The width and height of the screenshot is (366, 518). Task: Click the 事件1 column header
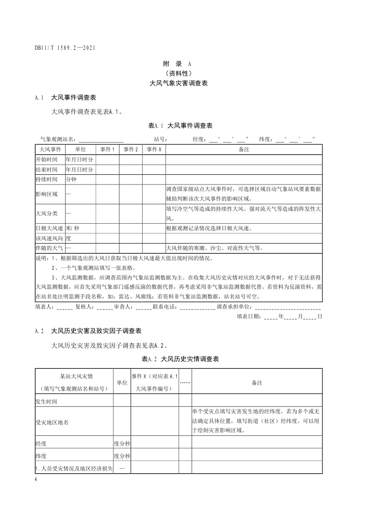tap(108, 149)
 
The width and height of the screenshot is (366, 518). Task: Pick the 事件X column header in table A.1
tap(154, 149)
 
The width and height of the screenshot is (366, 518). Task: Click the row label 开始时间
tap(47, 159)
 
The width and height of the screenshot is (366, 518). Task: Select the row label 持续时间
tap(47, 179)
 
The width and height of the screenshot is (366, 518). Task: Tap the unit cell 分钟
tap(71, 179)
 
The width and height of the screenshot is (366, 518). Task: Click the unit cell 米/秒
tap(72, 228)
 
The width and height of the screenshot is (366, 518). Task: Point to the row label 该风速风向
tap(48, 238)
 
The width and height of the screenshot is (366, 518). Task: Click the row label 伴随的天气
tap(48, 248)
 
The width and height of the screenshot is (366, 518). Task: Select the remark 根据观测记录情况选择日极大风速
tap(215, 228)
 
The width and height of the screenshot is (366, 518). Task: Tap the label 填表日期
tap(248, 316)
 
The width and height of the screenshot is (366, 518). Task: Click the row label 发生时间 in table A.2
tap(47, 401)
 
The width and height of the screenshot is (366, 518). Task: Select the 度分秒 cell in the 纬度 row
tap(122, 456)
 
